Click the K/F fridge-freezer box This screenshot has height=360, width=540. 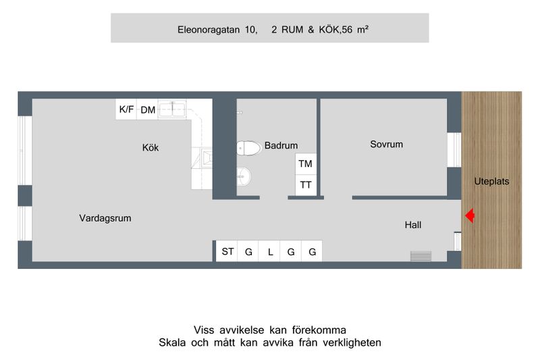tap(126, 109)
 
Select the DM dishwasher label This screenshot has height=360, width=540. tap(148, 110)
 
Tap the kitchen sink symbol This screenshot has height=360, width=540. tap(172, 109)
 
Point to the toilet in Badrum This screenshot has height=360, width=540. tap(248, 148)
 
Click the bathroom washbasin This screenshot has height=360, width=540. tap(244, 177)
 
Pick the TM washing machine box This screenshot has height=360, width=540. tap(306, 164)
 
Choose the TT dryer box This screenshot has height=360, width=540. tap(306, 185)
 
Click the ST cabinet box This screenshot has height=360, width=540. tap(227, 251)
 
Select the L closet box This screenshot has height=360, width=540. tap(269, 251)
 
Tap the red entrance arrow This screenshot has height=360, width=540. tap(470, 216)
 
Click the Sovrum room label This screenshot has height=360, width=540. tap(386, 145)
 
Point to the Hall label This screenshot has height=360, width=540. tap(413, 225)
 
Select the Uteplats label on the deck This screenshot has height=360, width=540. tap(491, 182)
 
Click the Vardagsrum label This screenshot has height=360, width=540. tap(105, 218)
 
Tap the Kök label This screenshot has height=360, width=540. tap(151, 148)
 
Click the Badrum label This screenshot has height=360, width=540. tap(281, 145)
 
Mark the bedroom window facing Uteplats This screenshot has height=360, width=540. tap(454, 150)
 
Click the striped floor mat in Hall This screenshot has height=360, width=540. tap(421, 256)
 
